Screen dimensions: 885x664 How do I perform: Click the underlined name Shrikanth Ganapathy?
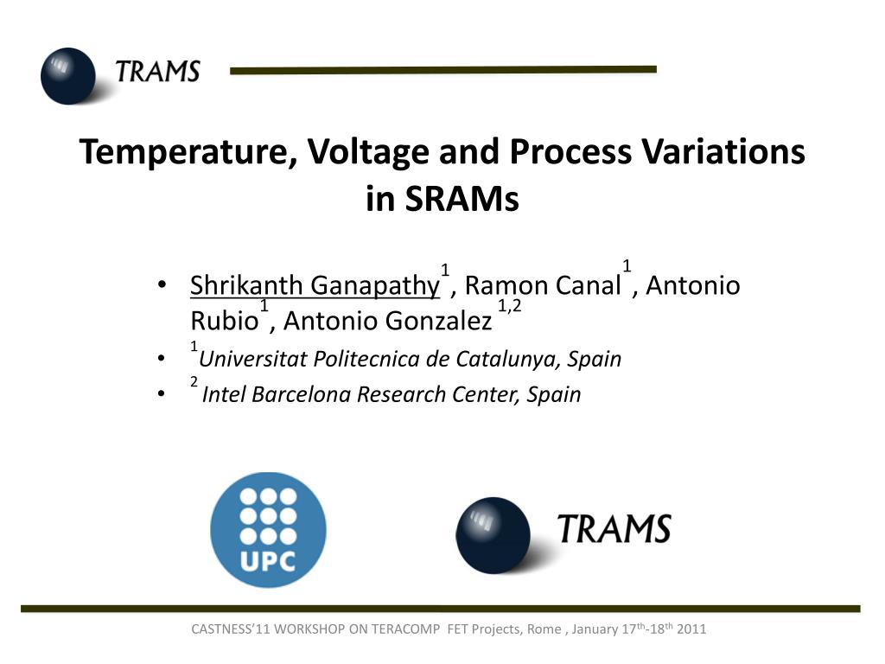[315, 285]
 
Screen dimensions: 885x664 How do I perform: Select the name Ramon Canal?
[543, 285]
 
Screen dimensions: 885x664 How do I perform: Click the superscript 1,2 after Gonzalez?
[510, 306]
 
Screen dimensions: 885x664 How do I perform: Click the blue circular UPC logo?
[268, 530]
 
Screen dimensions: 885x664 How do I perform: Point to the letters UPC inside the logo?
[268, 561]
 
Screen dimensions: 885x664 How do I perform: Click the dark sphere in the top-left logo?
[68, 76]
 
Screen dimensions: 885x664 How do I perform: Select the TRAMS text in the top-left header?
[158, 72]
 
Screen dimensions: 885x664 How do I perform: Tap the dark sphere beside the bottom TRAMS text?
[493, 535]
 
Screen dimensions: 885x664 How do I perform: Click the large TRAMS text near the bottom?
[614, 529]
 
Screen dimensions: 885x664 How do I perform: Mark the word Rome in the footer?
[544, 629]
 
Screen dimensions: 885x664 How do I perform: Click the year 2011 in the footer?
[691, 629]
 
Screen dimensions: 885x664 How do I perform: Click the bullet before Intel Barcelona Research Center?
[162, 393]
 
